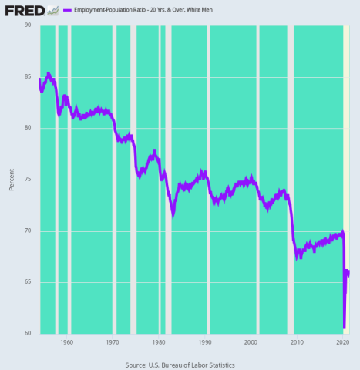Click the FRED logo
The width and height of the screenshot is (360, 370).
pyautogui.click(x=23, y=10)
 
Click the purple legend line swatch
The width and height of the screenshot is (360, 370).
pyautogui.click(x=66, y=11)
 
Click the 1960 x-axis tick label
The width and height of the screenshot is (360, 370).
pyautogui.click(x=66, y=341)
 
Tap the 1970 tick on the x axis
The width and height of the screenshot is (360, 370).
pyautogui.click(x=113, y=341)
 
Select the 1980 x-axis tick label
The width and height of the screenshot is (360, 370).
pyautogui.click(x=159, y=341)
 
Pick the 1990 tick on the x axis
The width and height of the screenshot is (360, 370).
pyautogui.click(x=205, y=341)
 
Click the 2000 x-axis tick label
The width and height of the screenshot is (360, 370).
pyautogui.click(x=251, y=341)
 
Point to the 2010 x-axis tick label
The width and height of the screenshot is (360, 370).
pyautogui.click(x=297, y=341)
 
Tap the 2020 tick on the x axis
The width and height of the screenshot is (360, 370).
pyautogui.click(x=342, y=341)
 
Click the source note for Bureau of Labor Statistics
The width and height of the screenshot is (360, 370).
pyautogui.click(x=180, y=365)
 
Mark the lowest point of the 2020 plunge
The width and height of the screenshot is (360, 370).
pyautogui.click(x=344, y=328)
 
